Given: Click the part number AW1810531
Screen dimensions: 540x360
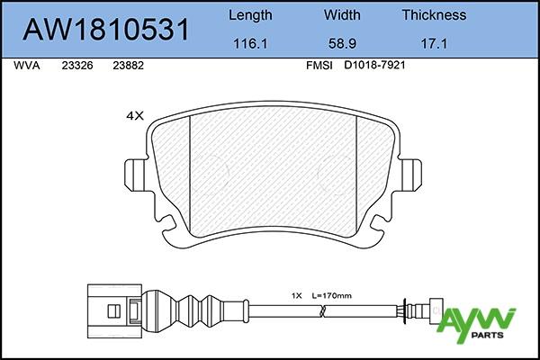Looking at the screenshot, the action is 105,30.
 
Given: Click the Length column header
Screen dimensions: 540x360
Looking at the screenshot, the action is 250,15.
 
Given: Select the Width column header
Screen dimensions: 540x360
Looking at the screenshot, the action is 342,15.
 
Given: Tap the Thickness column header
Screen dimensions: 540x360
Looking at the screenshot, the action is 434,15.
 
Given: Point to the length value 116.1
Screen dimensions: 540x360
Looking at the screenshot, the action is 250,44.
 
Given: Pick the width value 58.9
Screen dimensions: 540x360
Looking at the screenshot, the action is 342,44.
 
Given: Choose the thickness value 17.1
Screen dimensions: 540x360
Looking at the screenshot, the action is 434,44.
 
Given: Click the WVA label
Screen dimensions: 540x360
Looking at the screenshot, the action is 26,66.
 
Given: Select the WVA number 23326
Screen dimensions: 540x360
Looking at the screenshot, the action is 77,66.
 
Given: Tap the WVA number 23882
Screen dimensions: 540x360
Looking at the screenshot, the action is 128,66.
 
